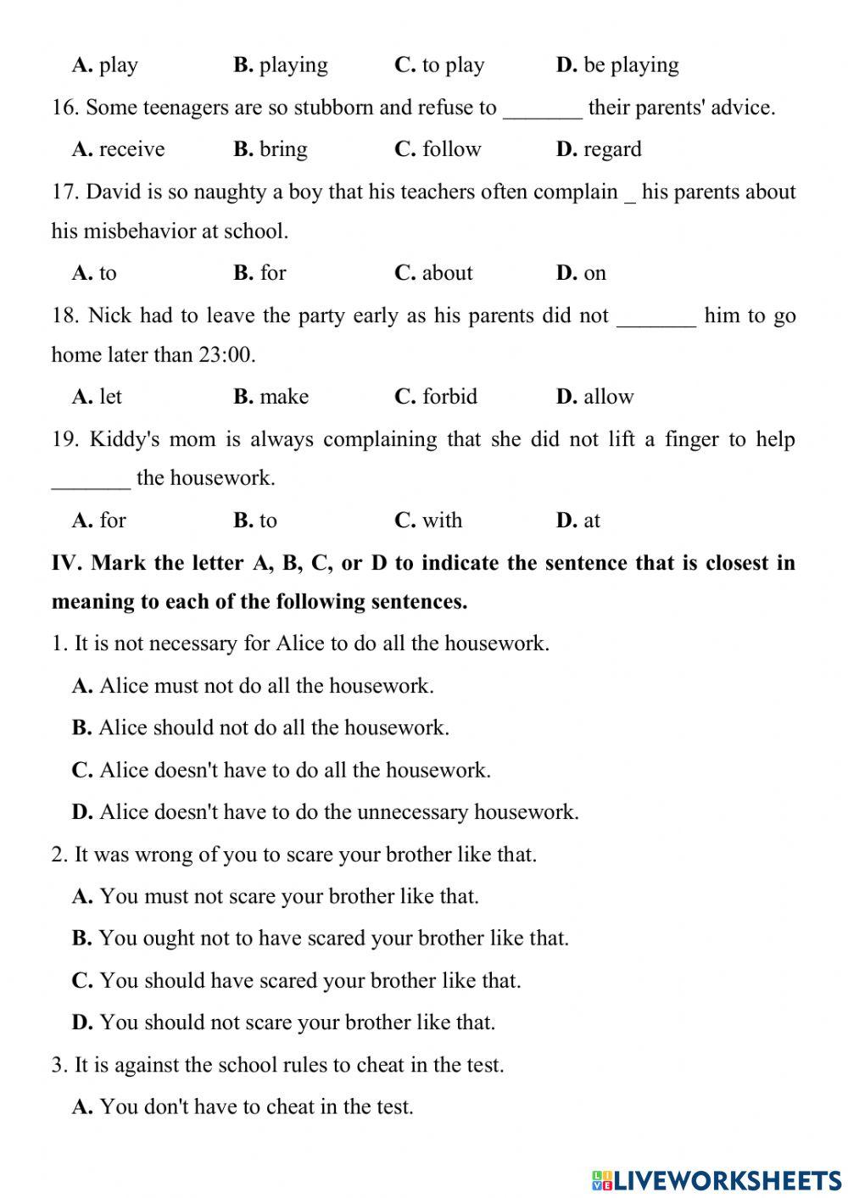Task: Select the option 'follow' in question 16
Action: pos(450,149)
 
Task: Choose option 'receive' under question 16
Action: pos(131,149)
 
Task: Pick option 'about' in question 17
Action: pos(447,273)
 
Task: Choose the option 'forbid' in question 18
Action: pos(449,397)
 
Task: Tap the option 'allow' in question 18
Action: pos(608,397)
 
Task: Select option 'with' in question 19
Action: pos(442,521)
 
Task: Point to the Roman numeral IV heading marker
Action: pos(67,563)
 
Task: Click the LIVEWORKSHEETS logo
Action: pos(717,1179)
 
